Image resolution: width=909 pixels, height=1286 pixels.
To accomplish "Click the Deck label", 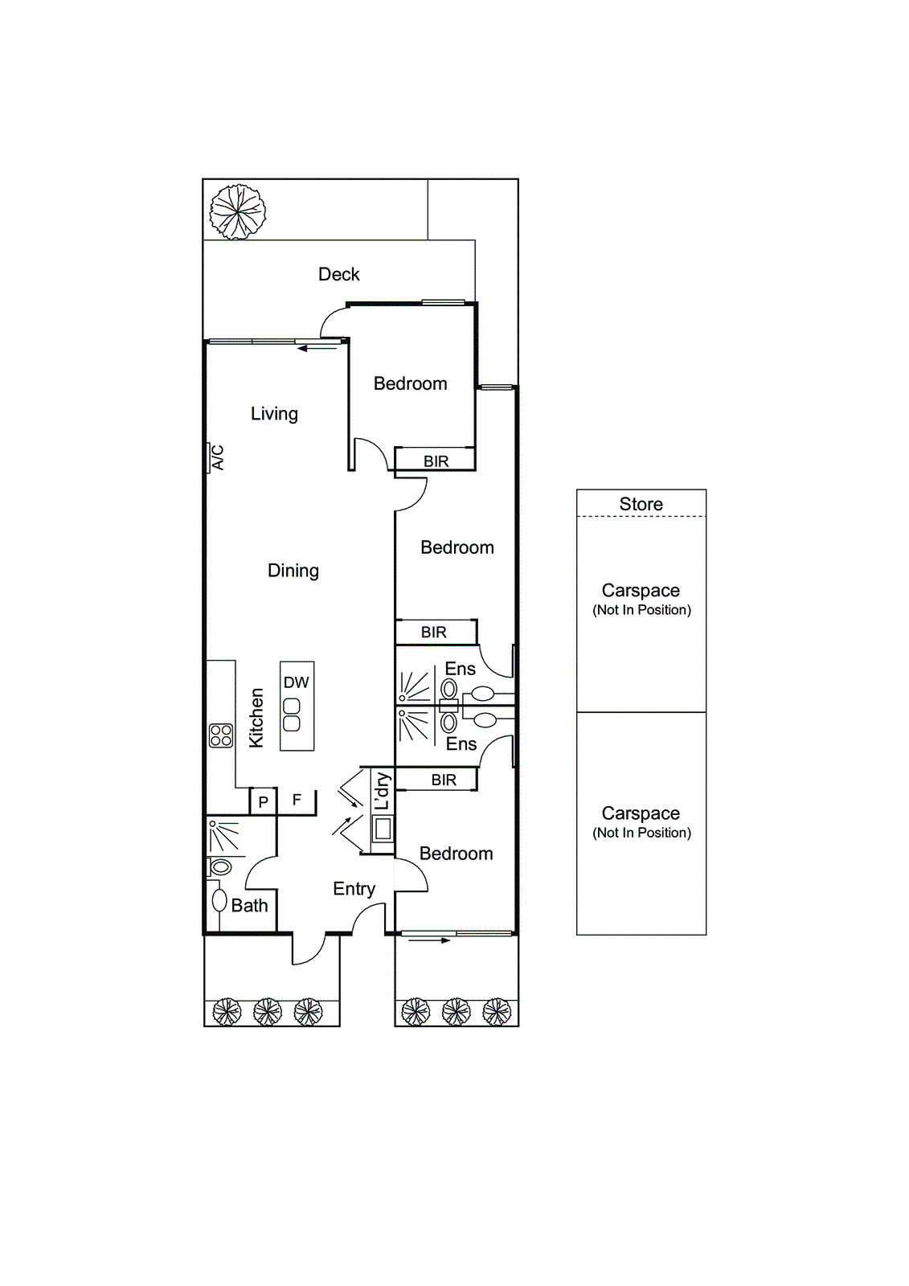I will (338, 274).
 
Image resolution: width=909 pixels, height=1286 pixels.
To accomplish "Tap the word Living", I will (274, 414).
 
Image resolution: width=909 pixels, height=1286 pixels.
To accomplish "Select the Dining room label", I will (293, 571).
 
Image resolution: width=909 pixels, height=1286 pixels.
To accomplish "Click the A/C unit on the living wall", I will (215, 457).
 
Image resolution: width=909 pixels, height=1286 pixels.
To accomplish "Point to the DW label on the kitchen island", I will (296, 682).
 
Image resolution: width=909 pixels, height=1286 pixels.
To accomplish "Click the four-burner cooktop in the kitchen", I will (221, 735).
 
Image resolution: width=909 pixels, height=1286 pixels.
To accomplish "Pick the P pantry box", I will (264, 802).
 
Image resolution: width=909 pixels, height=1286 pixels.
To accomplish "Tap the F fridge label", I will (297, 800).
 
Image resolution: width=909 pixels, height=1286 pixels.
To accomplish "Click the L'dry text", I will (383, 791).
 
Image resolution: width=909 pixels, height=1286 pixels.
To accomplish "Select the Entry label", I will (354, 889).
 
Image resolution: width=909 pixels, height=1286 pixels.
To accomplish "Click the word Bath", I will (249, 906).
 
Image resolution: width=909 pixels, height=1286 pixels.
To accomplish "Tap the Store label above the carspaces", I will (641, 504).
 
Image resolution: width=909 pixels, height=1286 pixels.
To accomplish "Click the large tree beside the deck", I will (237, 211).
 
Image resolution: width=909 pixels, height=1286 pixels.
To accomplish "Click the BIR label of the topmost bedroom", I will (436, 461).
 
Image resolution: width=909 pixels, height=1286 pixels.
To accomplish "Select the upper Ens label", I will (460, 669).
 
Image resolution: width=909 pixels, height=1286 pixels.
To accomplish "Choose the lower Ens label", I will (461, 744).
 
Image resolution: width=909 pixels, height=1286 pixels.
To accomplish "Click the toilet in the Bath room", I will (219, 866).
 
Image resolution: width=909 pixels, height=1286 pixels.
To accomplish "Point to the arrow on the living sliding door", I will (317, 348).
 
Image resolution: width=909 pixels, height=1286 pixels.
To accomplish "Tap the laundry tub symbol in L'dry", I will (383, 827).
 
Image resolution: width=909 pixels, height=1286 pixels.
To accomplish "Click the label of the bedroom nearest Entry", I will (456, 854).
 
